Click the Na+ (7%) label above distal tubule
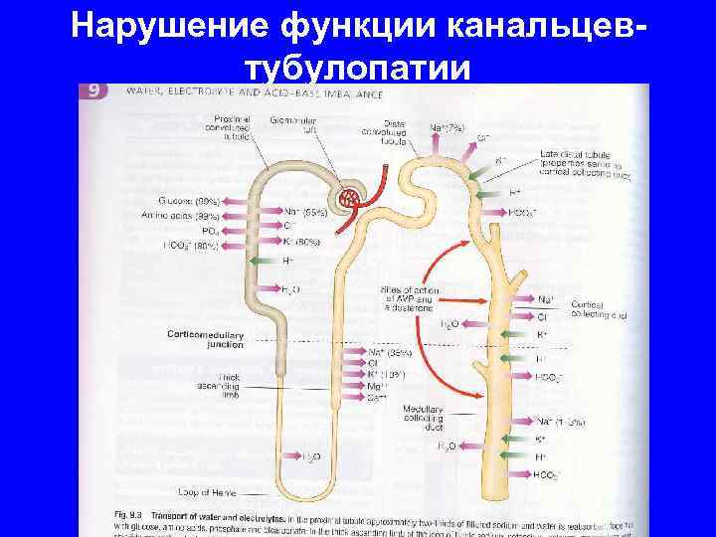pyautogui.click(x=448, y=127)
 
